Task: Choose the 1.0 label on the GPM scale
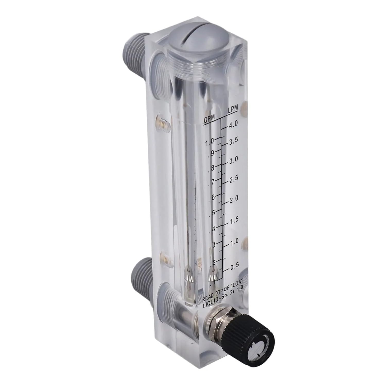pyautogui.click(x=210, y=141)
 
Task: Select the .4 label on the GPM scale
pyautogui.click(x=212, y=229)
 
